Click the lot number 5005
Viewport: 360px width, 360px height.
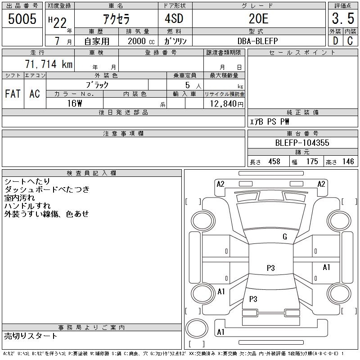(23, 19)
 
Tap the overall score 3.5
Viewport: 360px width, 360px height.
(342, 19)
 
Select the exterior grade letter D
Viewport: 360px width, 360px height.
(335, 41)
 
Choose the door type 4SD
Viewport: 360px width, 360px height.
(175, 19)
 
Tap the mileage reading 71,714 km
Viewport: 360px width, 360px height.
(49, 64)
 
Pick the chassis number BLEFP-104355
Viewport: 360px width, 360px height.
(302, 143)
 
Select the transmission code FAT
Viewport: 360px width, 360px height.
(13, 94)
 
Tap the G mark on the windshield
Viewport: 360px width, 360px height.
(284, 237)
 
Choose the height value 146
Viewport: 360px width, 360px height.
(348, 162)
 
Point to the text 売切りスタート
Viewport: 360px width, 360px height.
(31, 336)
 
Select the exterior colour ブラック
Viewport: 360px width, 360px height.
(97, 85)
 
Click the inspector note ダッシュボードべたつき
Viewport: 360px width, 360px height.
(47, 190)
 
